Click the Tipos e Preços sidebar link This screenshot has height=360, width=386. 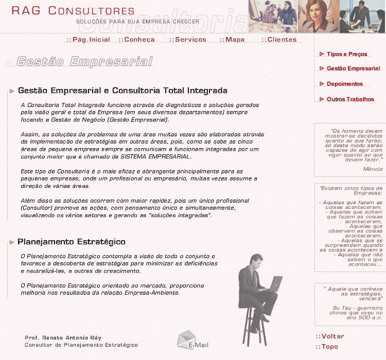346,54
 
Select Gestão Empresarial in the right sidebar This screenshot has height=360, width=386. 353,68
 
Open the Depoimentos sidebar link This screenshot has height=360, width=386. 344,84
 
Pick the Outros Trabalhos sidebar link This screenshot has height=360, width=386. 350,99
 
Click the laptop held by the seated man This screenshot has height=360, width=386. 275,283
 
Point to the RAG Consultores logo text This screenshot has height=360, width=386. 73,11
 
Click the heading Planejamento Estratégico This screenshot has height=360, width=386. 71,242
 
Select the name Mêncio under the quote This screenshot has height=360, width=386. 373,169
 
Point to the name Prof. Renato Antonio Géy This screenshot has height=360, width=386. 63,337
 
